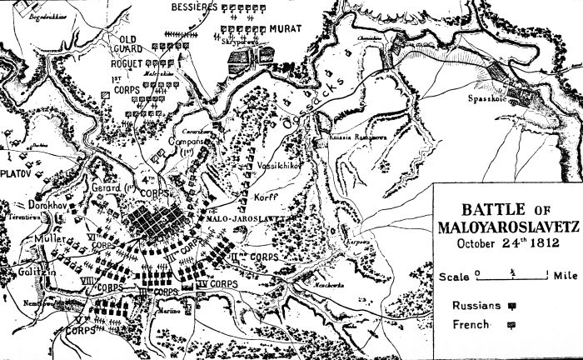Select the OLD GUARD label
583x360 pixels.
click(x=132, y=44)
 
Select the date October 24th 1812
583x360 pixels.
click(x=496, y=244)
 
